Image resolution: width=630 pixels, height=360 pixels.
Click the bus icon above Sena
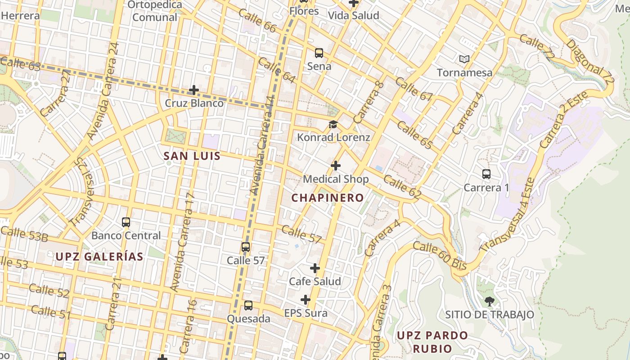tap(319, 53)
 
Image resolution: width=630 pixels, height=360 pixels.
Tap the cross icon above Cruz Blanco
tap(194, 90)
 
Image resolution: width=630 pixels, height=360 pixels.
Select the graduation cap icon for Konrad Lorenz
tap(333, 124)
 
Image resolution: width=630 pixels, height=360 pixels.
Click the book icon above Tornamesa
tap(464, 59)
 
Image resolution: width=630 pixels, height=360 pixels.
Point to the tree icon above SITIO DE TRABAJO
tap(489, 301)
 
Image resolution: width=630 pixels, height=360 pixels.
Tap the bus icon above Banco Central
tap(126, 222)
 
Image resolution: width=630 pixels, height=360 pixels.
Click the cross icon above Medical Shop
tap(336, 166)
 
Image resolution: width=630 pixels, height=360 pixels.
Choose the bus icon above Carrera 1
tap(486, 174)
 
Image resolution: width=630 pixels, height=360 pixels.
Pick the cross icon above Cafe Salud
tap(315, 268)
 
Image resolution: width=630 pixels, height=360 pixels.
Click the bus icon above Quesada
tap(248, 306)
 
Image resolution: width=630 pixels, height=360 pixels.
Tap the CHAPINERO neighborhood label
tap(327, 198)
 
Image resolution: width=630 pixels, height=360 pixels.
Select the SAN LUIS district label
tap(192, 156)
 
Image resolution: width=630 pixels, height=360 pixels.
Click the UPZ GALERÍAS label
tap(99, 257)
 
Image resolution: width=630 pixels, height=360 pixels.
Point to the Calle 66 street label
tap(257, 20)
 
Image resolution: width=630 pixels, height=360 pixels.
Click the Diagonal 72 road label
tap(590, 63)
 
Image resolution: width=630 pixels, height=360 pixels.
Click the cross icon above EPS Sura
tap(306, 300)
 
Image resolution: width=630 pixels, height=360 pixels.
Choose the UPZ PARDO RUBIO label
tap(432, 342)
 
